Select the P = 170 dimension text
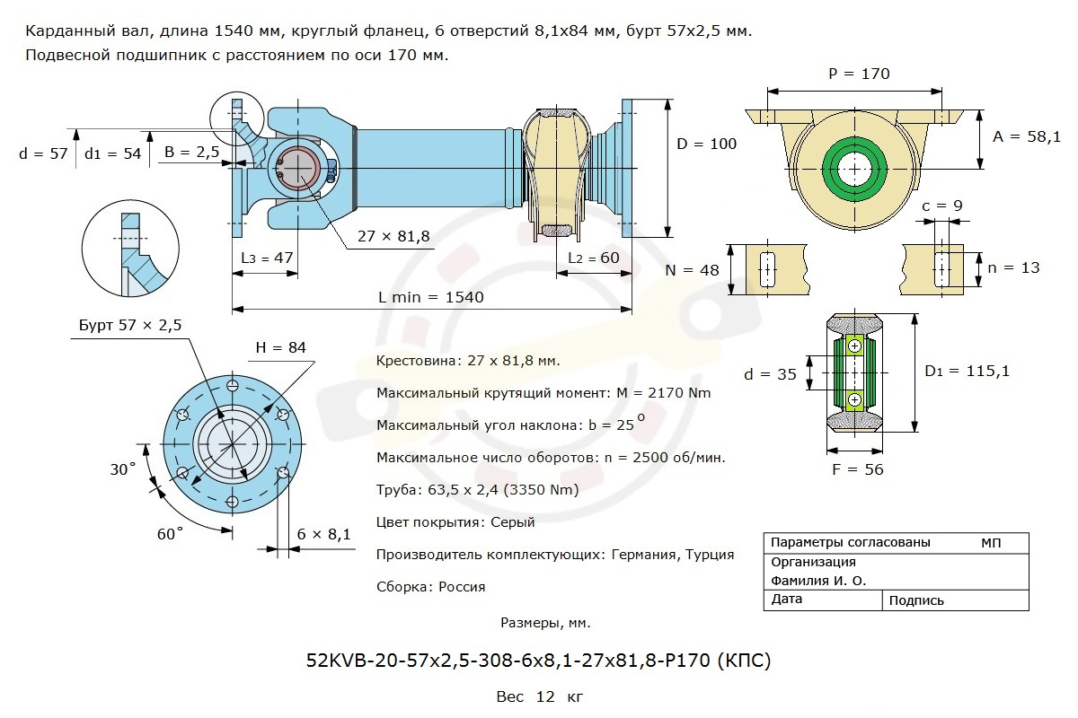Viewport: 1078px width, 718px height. tap(858, 74)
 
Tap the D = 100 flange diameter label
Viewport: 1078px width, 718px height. tap(706, 144)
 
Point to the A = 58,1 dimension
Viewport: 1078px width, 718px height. tap(1027, 136)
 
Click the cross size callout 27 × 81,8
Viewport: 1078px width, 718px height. tap(393, 236)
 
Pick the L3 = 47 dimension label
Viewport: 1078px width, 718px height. tap(268, 258)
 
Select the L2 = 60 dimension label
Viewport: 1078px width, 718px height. tap(594, 258)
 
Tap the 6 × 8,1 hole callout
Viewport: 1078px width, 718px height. tap(323, 534)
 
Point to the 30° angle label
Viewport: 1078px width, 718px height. tap(122, 469)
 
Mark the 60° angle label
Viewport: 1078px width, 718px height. tap(170, 533)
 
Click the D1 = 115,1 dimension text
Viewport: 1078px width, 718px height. tap(968, 370)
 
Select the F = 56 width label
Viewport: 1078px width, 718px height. tap(860, 469)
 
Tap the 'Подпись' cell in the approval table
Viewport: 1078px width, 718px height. tap(916, 600)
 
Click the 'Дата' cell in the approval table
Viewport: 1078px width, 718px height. tap(787, 600)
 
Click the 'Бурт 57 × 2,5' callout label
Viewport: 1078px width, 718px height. tap(130, 326)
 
